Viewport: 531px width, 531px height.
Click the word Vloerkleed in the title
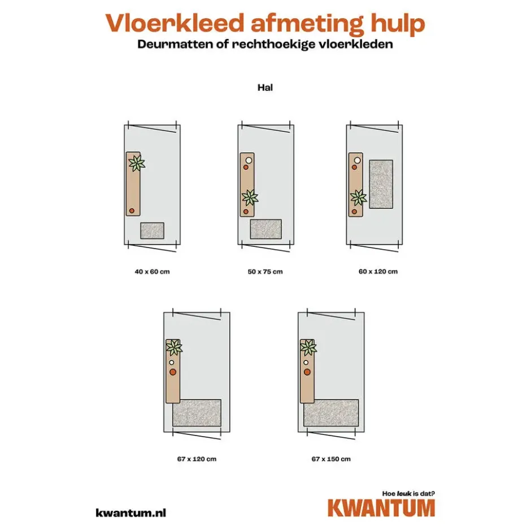(175, 23)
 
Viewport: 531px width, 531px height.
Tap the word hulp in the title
(398, 25)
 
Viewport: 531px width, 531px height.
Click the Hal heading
(265, 88)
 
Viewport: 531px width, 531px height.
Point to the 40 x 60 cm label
(152, 272)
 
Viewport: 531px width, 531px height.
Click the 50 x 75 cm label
(265, 272)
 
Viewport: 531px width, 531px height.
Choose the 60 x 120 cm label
(378, 272)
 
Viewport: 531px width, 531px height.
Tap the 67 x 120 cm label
(197, 459)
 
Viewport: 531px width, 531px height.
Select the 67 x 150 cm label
(331, 459)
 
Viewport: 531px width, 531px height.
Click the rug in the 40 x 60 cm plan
(153, 230)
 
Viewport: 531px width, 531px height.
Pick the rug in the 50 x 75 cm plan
(266, 229)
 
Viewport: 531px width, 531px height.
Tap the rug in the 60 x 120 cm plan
(381, 184)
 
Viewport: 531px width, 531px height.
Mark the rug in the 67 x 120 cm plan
(197, 413)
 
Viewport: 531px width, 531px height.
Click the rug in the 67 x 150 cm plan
(331, 413)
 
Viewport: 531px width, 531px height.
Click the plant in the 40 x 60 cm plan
(137, 163)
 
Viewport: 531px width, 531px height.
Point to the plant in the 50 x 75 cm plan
(250, 198)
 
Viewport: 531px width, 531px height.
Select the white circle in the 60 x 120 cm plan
(357, 160)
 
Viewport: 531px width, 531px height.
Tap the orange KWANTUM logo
(381, 508)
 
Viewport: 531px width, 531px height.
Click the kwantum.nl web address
(131, 513)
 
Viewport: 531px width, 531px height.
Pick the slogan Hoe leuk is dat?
(409, 494)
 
